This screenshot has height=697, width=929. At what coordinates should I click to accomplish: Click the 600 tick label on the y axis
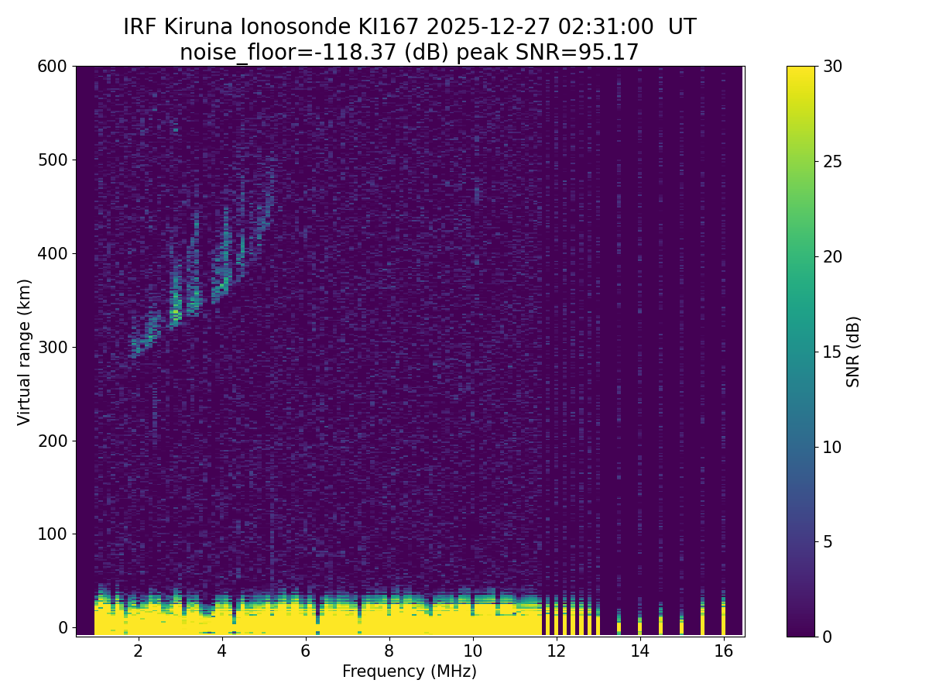[52, 67]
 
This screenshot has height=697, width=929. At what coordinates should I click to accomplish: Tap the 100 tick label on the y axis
[52, 534]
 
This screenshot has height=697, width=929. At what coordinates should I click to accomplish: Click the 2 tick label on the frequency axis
[139, 651]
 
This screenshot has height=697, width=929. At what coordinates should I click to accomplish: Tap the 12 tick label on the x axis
[556, 651]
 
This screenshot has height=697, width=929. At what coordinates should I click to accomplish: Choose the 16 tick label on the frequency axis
[723, 651]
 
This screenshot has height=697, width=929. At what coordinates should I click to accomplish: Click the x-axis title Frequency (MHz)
[410, 671]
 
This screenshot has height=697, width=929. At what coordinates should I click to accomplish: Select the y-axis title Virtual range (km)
[25, 352]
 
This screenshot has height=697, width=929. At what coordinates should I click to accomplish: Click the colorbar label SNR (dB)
[853, 352]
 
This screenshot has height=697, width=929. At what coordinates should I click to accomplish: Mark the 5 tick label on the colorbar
[828, 541]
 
